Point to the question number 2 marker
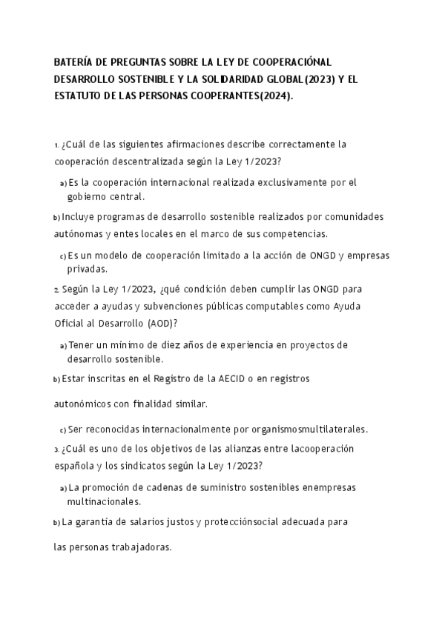(56, 290)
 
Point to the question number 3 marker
(56, 450)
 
